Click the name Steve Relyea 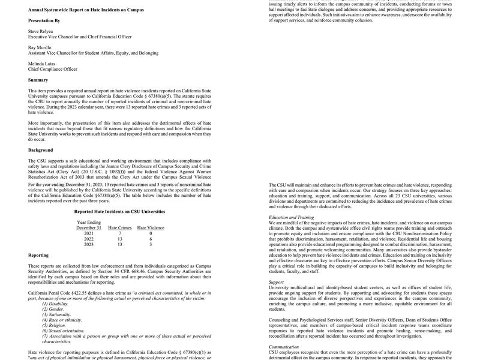[x=40, y=31]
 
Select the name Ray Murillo [x=40, y=47]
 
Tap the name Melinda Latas [x=42, y=64]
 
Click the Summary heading [x=38, y=80]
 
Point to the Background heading [x=40, y=150]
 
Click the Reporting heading [x=38, y=255]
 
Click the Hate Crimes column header [x=120, y=228]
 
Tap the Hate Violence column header [x=151, y=228]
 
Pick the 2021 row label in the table [x=89, y=233]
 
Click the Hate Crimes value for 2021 [x=120, y=233]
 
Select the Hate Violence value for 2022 [x=151, y=239]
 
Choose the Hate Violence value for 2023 [x=151, y=244]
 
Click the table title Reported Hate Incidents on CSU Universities [x=119, y=211]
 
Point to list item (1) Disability [x=55, y=304]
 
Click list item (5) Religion [x=54, y=325]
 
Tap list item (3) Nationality [x=56, y=314]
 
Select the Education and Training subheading [x=291, y=217]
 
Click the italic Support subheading [x=276, y=282]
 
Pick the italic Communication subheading [x=284, y=346]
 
